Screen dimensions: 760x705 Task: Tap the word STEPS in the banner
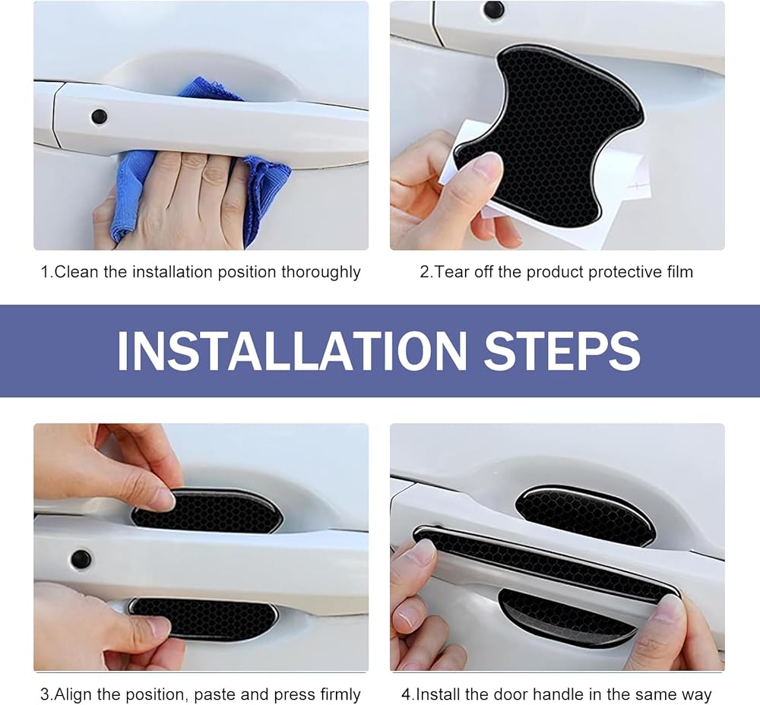pyautogui.click(x=562, y=350)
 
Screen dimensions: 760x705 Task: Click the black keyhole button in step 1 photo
pyautogui.click(x=100, y=116)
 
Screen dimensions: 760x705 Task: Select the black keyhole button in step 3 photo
pyautogui.click(x=81, y=559)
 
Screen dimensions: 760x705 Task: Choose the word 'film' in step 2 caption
pyautogui.click(x=679, y=272)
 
